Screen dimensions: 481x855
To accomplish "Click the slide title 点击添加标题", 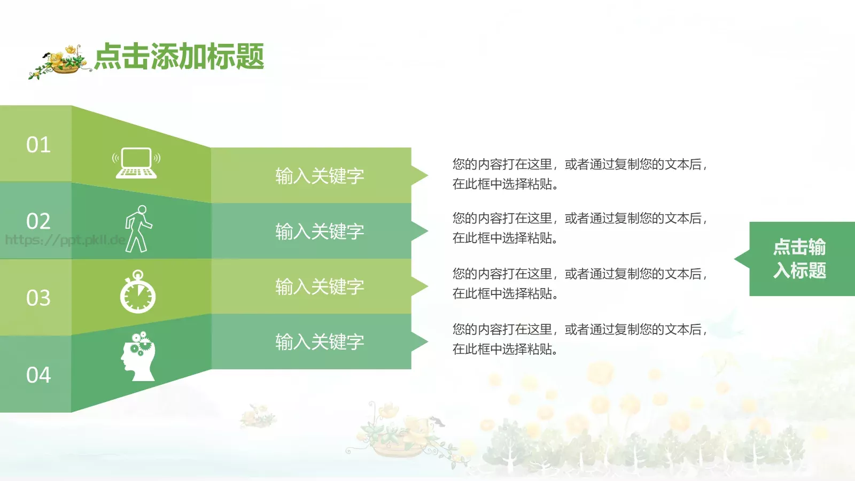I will click(x=179, y=57).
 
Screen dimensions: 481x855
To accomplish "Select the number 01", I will click(x=38, y=145).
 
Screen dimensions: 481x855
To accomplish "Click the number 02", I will click(x=38, y=221).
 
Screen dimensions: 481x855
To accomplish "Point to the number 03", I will click(x=38, y=298).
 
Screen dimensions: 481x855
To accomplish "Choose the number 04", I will click(x=38, y=375).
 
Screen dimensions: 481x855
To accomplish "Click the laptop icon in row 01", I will click(x=136, y=163).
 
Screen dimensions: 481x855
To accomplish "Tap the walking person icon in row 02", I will click(x=138, y=229).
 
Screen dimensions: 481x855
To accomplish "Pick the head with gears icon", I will click(x=138, y=356).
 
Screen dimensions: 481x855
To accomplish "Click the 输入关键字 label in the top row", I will click(x=320, y=176).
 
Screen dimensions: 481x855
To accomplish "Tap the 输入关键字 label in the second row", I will click(x=320, y=231).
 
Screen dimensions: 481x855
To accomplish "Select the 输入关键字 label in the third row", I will click(x=320, y=287).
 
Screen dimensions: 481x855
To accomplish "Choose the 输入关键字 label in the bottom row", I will click(x=320, y=342).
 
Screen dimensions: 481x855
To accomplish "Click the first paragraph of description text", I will click(x=580, y=174).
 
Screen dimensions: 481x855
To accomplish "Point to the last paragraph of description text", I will click(x=580, y=339).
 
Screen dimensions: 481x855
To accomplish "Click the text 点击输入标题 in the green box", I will click(x=799, y=259).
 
